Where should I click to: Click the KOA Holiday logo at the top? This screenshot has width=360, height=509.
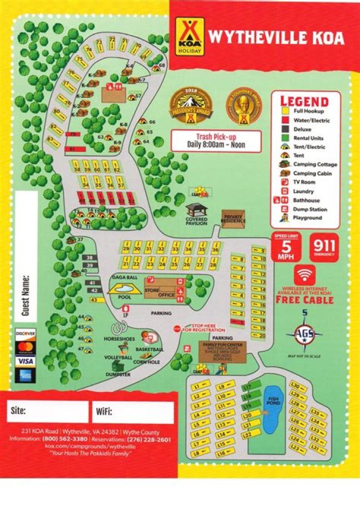189,36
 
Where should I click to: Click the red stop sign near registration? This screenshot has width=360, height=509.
176,329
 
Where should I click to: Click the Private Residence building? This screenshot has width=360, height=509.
233,218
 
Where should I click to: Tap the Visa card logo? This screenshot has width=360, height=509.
25,360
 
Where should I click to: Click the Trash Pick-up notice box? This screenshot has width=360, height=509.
215,140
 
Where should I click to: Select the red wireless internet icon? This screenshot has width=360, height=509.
304,274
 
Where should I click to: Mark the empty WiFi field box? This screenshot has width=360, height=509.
132,412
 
